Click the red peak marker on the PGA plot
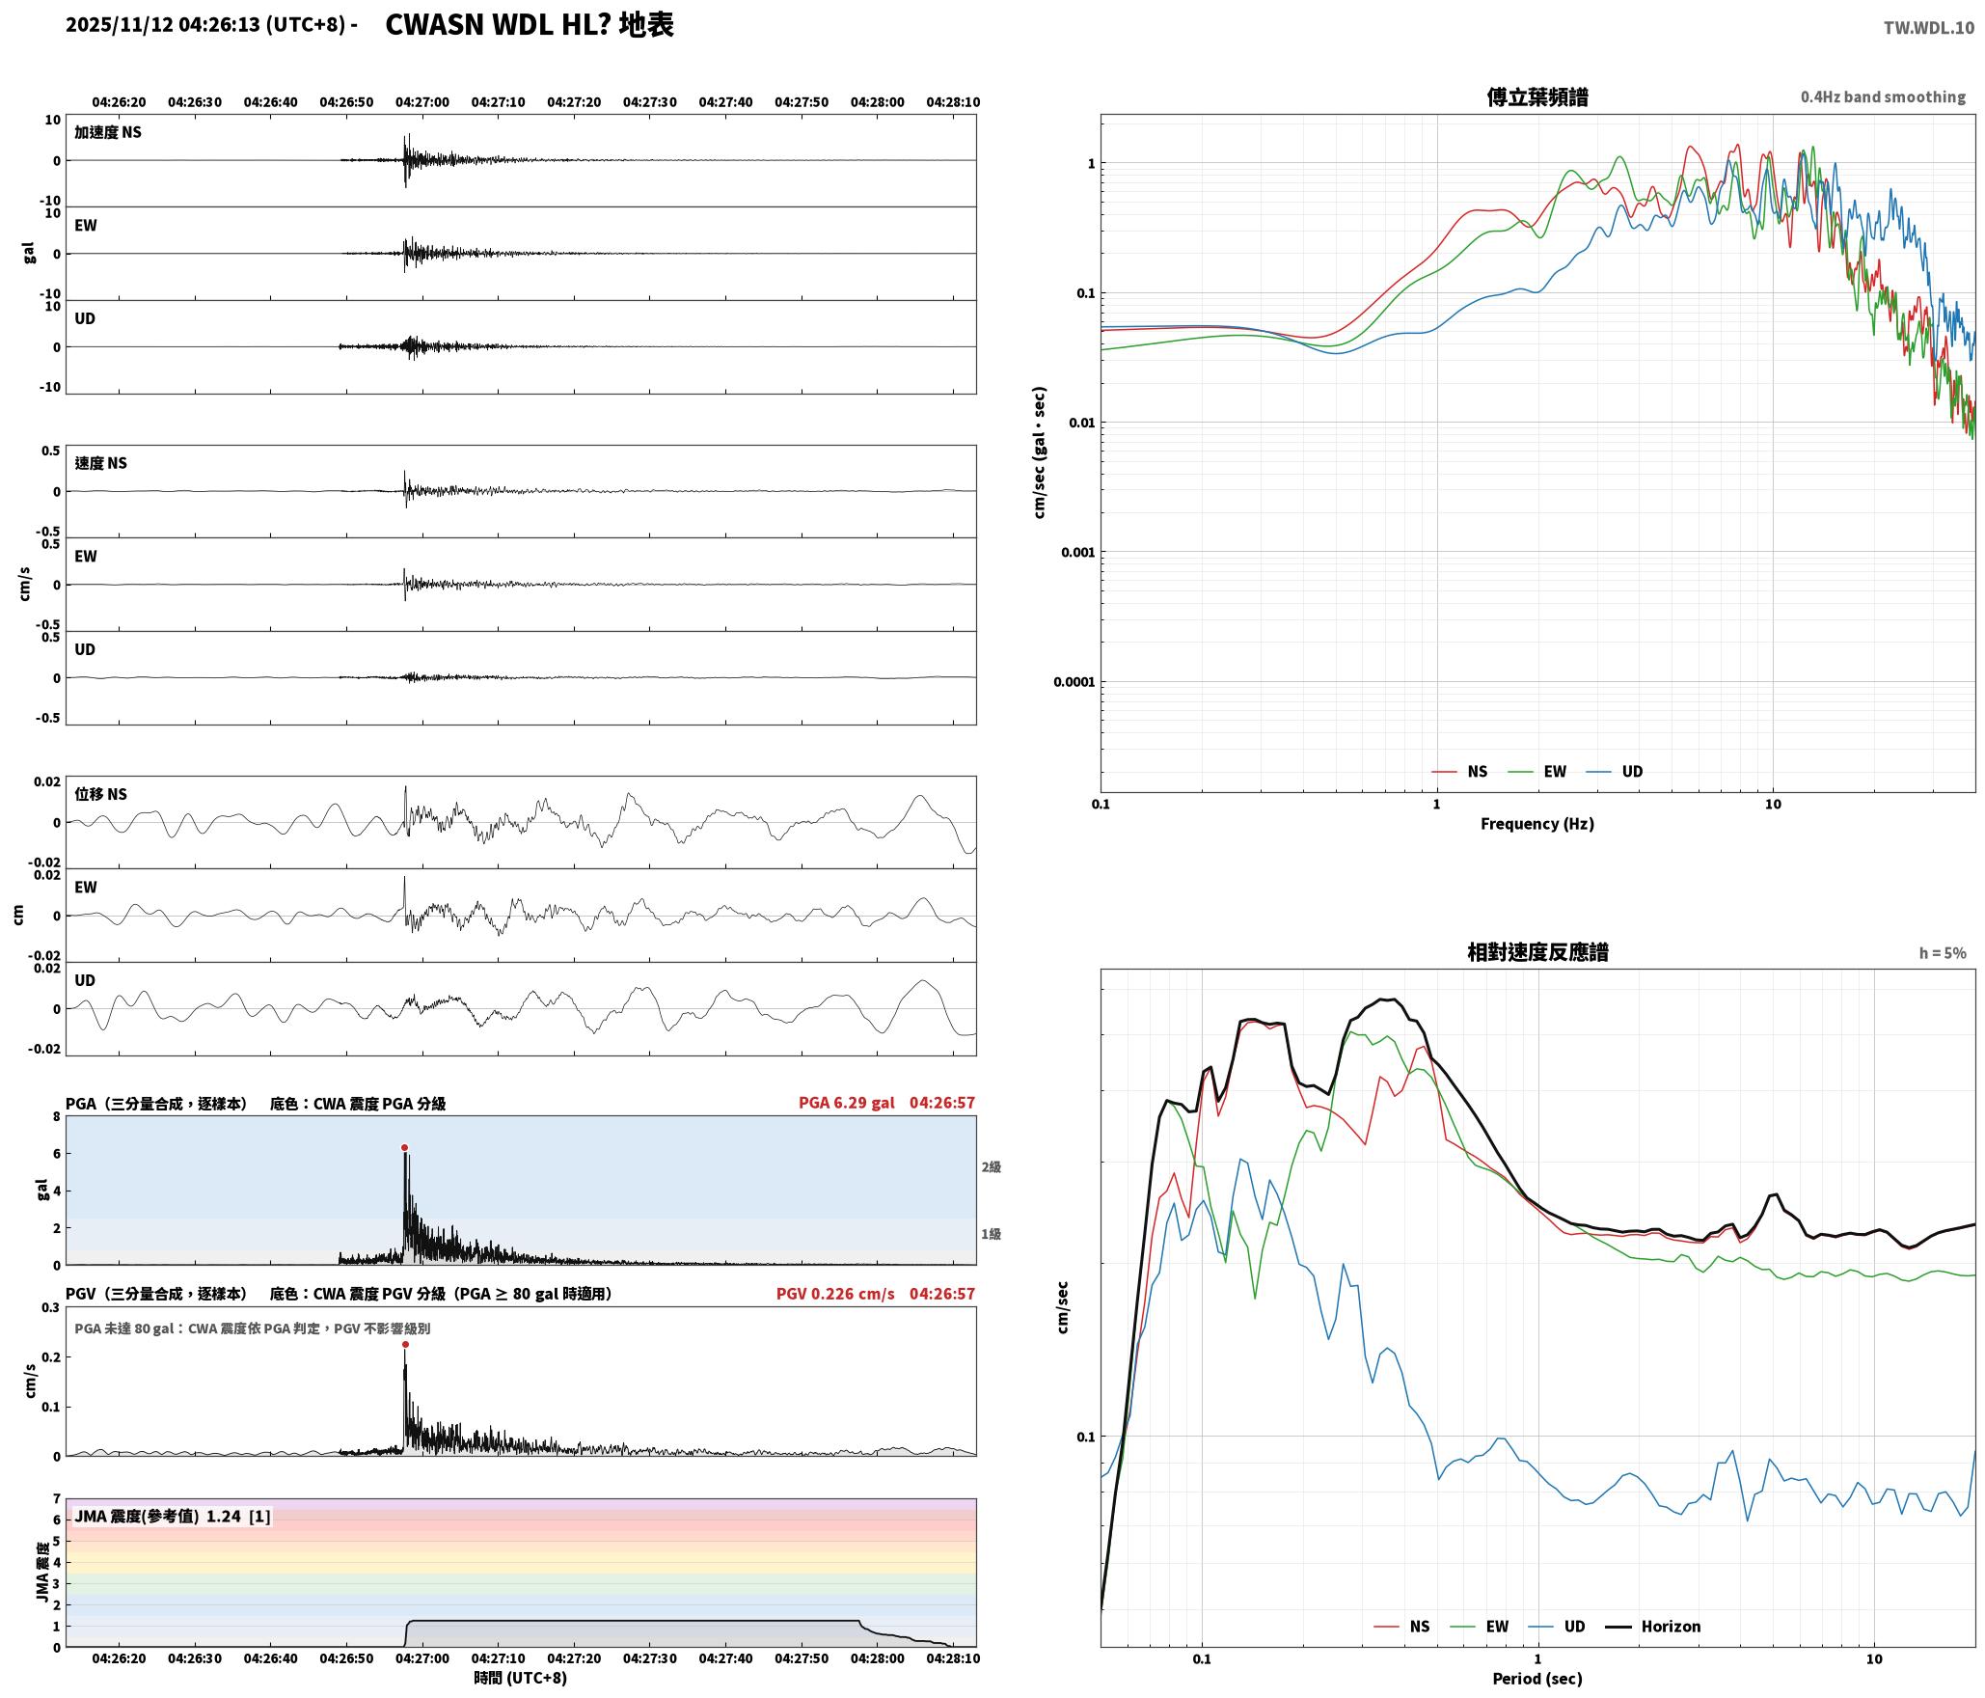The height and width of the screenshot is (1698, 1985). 405,1147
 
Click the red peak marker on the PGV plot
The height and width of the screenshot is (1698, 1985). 405,1344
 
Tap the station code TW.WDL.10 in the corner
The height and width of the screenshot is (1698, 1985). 1929,28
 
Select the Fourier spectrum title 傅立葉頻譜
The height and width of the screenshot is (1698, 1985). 1537,96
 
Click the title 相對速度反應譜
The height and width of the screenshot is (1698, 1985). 1537,952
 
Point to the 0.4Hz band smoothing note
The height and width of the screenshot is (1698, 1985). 1883,96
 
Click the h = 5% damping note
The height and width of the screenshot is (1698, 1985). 1943,953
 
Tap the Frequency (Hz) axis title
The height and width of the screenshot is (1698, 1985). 1537,824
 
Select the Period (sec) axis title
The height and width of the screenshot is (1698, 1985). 1537,1679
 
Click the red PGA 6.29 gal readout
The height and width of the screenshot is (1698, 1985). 846,1103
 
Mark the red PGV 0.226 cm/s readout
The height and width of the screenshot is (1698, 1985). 835,1294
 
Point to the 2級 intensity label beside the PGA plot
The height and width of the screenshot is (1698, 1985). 991,1167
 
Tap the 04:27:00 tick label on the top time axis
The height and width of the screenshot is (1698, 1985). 422,102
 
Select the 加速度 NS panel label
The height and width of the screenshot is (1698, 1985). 108,132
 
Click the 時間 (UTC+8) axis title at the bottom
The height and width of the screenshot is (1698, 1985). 520,1679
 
